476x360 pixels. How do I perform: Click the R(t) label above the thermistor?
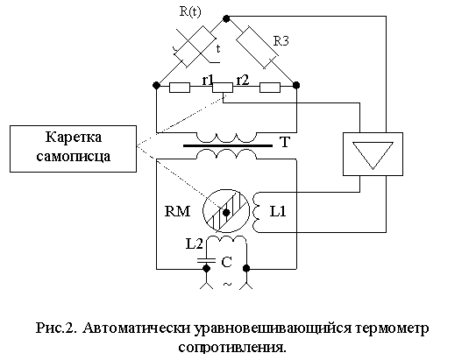(x=190, y=11)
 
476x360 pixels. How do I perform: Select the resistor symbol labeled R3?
(x=257, y=47)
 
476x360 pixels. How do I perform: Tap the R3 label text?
(x=281, y=41)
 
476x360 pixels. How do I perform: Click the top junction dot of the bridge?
(x=226, y=18)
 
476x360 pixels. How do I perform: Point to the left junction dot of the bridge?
(x=156, y=86)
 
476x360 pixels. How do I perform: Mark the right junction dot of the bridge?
(x=296, y=85)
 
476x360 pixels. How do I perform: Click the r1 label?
(x=208, y=80)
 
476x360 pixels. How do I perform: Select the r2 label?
(x=243, y=80)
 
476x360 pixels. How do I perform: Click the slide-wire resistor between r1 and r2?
(x=223, y=88)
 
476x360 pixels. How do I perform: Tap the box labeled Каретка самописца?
(x=73, y=149)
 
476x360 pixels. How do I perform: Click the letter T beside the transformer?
(x=284, y=142)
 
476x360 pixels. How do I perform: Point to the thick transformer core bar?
(x=228, y=145)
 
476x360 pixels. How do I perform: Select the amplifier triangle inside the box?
(x=373, y=155)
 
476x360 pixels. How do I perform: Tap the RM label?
(x=178, y=211)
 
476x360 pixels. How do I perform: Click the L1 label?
(x=278, y=211)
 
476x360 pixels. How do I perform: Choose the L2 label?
(x=194, y=244)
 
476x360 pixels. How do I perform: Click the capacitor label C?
(x=226, y=263)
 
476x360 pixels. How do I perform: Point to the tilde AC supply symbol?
(x=227, y=285)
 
